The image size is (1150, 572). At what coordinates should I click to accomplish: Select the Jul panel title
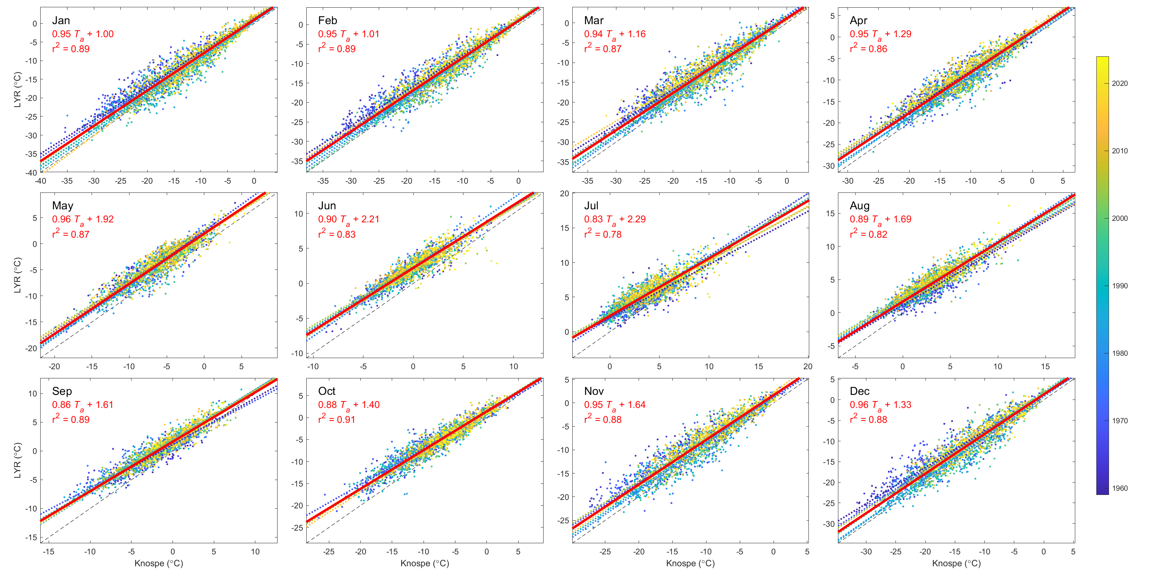[x=591, y=206]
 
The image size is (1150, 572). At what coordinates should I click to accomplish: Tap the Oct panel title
[x=326, y=391]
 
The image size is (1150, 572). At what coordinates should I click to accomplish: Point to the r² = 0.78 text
[x=603, y=234]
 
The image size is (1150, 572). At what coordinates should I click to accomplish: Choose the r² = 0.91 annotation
[x=337, y=419]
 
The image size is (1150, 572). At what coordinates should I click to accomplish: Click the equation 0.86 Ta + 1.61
[x=82, y=405]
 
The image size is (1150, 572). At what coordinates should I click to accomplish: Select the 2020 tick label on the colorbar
[x=1119, y=84]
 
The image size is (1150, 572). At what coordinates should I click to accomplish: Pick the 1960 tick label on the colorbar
[x=1119, y=488]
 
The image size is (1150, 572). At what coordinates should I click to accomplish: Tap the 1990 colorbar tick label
[x=1119, y=286]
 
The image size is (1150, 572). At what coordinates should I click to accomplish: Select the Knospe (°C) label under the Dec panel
[x=956, y=564]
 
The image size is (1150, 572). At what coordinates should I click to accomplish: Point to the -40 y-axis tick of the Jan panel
[x=31, y=173]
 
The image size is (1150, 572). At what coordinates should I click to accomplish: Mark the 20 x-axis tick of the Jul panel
[x=808, y=367]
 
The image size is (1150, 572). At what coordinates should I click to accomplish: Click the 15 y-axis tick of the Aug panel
[x=830, y=214]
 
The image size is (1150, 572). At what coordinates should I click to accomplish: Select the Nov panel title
[x=594, y=391]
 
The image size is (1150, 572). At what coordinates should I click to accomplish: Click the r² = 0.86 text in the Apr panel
[x=868, y=49]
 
